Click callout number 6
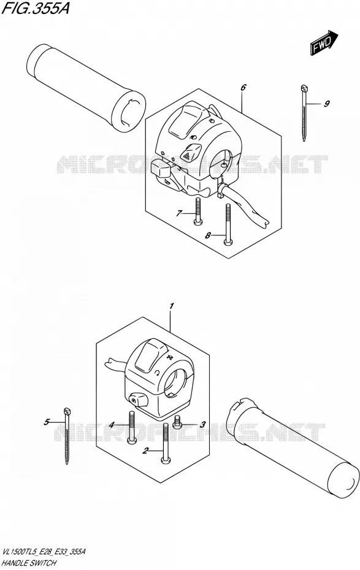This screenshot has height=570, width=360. click(243, 87)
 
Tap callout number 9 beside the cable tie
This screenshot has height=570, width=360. click(326, 104)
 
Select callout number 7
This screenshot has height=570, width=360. click(178, 213)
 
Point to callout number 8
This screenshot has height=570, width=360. click(208, 235)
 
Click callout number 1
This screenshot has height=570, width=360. click(172, 306)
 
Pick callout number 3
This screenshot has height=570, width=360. click(202, 424)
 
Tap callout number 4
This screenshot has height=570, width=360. click(112, 424)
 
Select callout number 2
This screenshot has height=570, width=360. click(145, 452)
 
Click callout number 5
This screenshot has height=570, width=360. click(47, 422)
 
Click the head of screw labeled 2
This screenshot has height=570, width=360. click(166, 462)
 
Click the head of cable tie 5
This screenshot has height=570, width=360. click(67, 411)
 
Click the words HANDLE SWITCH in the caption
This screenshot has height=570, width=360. click(29, 563)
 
